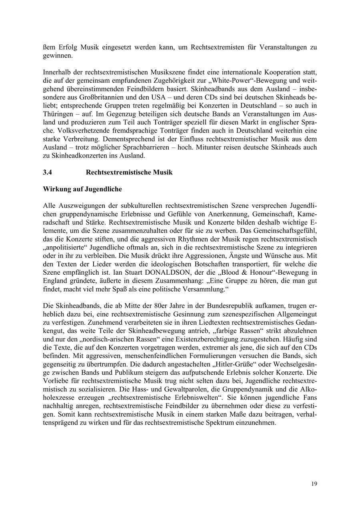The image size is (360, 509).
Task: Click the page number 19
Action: [314, 484]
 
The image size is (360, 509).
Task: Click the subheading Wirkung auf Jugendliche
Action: [82, 189]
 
